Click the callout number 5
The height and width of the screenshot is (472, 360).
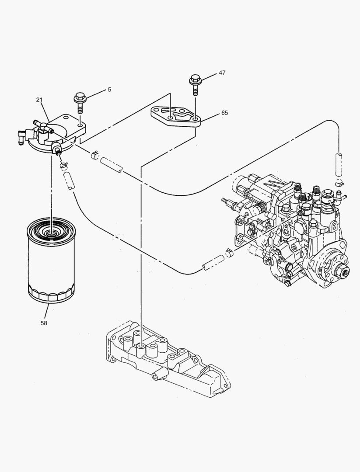[109, 90]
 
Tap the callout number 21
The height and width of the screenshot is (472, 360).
[39, 100]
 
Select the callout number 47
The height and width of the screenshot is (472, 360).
[222, 73]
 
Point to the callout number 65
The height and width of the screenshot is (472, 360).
[224, 113]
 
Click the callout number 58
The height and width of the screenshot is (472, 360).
[44, 323]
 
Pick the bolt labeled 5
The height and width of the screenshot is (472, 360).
[80, 101]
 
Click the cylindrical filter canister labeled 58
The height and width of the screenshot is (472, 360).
[51, 267]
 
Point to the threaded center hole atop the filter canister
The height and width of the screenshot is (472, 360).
[51, 232]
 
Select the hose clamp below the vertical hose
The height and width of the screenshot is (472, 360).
[339, 183]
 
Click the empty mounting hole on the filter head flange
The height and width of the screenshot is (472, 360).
[80, 125]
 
